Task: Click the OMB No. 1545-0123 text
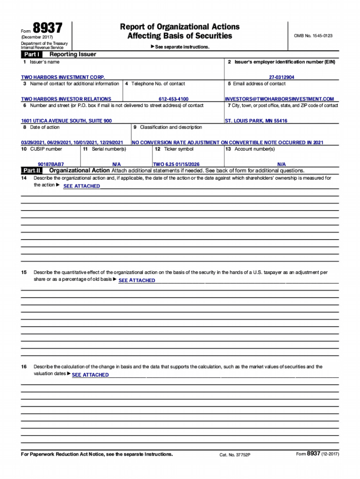coord(313,36)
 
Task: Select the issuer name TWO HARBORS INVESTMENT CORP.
coord(63,77)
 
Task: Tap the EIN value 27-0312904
coord(281,77)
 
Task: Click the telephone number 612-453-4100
coord(173,99)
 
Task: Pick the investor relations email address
coord(279,99)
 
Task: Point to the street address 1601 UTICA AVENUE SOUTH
coord(66,121)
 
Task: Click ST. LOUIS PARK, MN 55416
coord(256,121)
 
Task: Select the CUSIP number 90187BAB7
coord(51,165)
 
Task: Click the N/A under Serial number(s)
coord(117,165)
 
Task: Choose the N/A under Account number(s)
coord(281,165)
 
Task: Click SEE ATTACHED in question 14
coord(81,186)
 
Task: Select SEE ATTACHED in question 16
coord(90,375)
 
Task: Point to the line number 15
coord(24,272)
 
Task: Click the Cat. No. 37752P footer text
coord(235,455)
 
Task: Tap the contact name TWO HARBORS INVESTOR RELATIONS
coord(66,99)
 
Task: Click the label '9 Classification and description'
coord(168,127)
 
